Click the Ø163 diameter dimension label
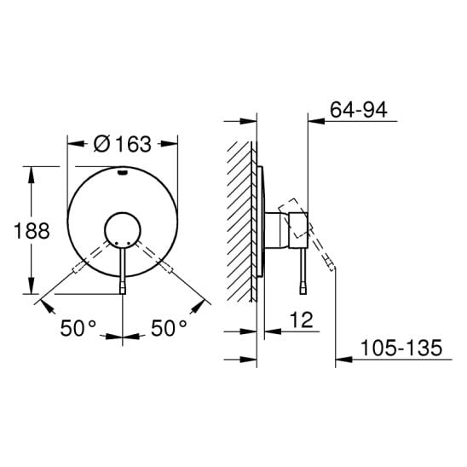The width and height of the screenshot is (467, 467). click(x=123, y=144)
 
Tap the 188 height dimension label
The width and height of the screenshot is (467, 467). click(x=32, y=231)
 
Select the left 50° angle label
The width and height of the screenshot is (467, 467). click(x=78, y=328)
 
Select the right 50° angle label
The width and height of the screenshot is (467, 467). click(x=169, y=328)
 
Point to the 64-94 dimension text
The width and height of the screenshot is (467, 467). click(x=359, y=110)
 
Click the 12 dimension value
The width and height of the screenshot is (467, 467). click(x=302, y=320)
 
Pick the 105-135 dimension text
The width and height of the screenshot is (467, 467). click(x=401, y=348)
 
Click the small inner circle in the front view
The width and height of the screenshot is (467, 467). click(x=123, y=229)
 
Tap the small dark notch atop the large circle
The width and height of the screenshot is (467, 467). click(x=123, y=172)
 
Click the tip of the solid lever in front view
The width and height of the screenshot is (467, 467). click(x=123, y=291)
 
